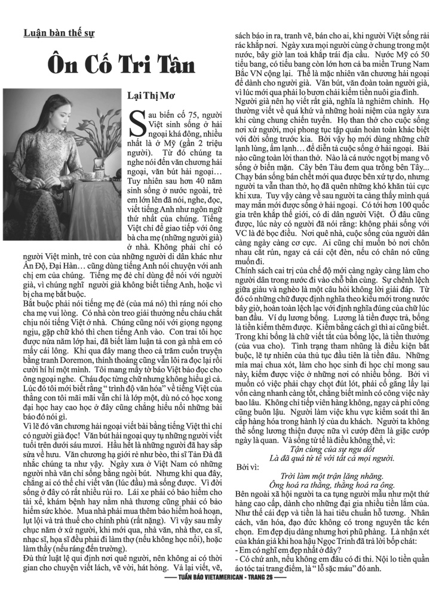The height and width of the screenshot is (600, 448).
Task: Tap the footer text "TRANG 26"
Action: [267, 595]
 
